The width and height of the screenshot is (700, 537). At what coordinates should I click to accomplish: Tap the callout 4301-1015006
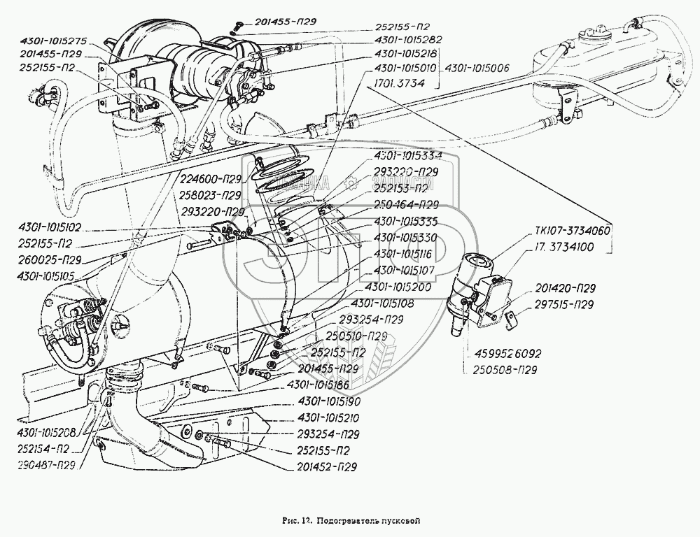pos(476,68)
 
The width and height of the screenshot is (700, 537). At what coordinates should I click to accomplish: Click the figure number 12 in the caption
pos(307,520)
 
